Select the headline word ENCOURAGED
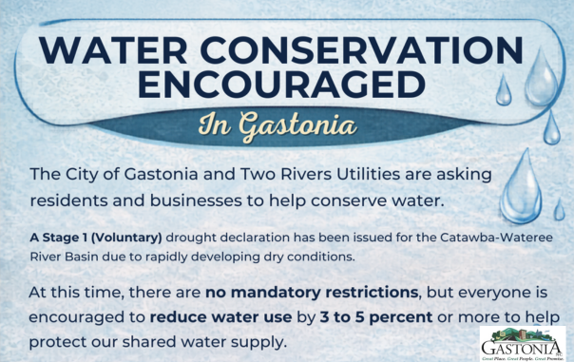point(286,86)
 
